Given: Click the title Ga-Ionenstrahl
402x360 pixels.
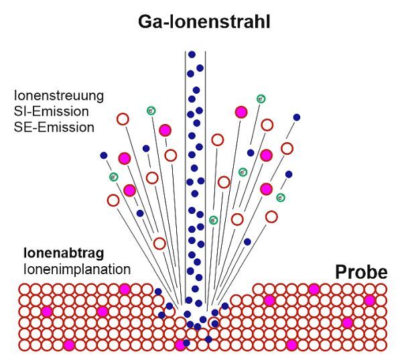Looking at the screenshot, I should (204, 22).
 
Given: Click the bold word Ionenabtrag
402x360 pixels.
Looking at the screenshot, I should (62, 254).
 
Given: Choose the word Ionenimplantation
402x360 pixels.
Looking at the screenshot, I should (76, 269).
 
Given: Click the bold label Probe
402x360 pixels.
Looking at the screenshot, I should (361, 272).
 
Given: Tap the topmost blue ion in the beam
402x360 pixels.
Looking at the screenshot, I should (192, 54).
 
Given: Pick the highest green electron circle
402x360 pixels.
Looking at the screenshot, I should (261, 99).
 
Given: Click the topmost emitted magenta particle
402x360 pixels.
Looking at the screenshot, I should (241, 112).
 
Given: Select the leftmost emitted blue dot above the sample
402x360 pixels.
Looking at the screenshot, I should (104, 156).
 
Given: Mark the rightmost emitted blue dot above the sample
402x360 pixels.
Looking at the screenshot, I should (297, 117).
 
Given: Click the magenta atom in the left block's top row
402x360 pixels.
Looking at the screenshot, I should (124, 289).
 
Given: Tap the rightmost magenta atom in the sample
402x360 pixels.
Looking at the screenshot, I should (369, 300).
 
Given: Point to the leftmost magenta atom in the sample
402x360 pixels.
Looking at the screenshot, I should (46, 312).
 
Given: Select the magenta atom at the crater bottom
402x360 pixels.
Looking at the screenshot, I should (180, 345).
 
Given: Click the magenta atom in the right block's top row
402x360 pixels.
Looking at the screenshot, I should (314, 289).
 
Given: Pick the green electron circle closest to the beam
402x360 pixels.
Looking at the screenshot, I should (213, 220).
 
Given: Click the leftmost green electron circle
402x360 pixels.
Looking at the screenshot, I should (113, 177).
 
